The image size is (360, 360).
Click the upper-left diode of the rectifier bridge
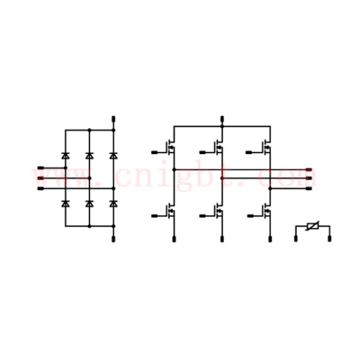tap(65, 155)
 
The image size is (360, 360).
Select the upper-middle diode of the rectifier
tap(89, 155)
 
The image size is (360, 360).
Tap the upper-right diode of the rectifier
tap(113, 155)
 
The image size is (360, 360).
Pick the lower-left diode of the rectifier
tap(65, 204)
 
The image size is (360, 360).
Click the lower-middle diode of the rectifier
tap(89, 204)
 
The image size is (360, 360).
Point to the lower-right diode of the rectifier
tap(113, 204)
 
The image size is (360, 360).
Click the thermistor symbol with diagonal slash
tap(313, 226)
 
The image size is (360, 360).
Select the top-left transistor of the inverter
tap(171, 148)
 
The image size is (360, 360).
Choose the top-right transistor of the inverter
tap(267, 148)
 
